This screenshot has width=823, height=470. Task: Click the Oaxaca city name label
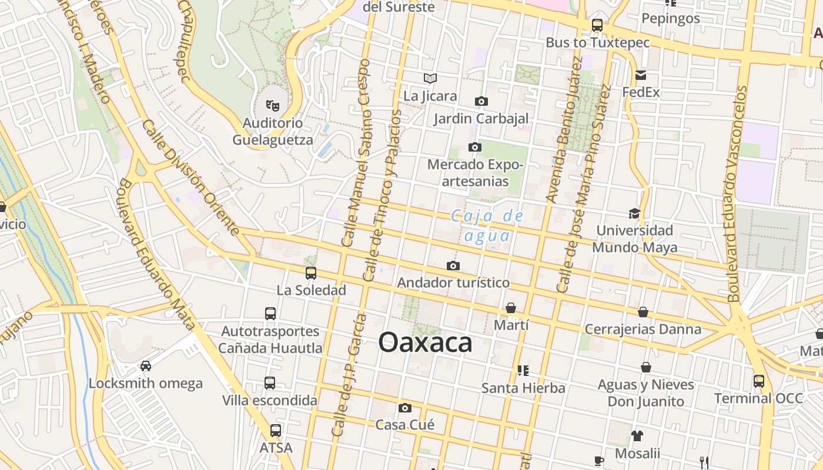coord(425,343)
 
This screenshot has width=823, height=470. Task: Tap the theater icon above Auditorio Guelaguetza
coord(272,105)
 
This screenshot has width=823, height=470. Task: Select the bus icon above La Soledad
coord(311,273)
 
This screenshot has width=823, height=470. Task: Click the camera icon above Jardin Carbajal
coord(481,102)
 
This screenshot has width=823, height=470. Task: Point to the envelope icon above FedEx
coord(641,75)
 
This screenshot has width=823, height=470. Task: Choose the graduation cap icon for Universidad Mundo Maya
coord(634,213)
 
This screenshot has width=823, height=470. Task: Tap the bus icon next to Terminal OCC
coord(759,381)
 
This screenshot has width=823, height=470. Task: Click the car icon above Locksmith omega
coord(146,366)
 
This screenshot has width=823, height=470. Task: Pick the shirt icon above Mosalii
coord(637,436)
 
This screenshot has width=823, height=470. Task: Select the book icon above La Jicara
coord(430,79)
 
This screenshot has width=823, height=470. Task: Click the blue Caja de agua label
coord(487,226)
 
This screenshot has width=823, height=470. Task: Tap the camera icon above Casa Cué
coord(404,408)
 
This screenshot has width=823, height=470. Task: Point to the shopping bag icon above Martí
coord(511,308)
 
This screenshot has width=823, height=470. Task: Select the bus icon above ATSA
coord(275,431)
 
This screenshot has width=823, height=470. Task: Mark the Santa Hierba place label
coord(523,388)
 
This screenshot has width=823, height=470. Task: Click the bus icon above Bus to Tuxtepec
coord(597,25)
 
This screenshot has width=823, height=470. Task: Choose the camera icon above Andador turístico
coord(453,266)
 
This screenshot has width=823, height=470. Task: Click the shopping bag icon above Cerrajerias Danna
coord(643,312)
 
